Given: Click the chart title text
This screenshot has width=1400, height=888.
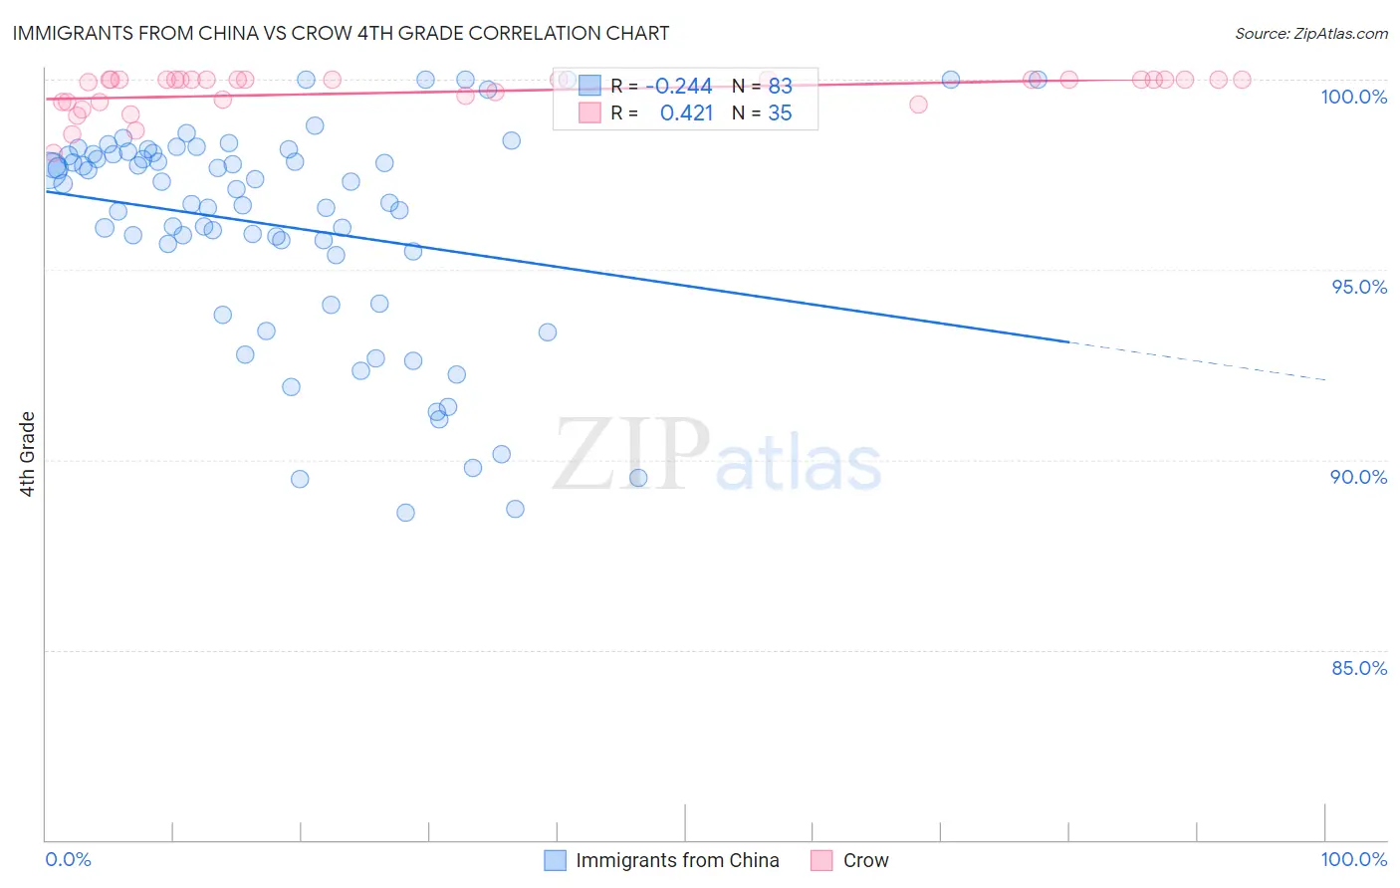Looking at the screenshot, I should tap(341, 33).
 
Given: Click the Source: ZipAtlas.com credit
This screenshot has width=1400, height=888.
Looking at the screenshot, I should tap(1310, 33).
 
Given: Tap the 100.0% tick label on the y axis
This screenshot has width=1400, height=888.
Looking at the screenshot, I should tap(1353, 97).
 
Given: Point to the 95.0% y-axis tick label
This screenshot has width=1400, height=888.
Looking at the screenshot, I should tap(1359, 287).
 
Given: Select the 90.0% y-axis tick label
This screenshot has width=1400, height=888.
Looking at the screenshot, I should tap(1358, 477).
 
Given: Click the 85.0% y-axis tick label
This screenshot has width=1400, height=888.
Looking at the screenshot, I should tap(1359, 668).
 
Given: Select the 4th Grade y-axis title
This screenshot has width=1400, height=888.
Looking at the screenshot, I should tap(28, 454).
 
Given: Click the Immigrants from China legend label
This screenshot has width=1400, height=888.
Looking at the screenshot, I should tap(677, 860).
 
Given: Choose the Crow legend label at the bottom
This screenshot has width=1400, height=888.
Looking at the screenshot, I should tap(865, 860).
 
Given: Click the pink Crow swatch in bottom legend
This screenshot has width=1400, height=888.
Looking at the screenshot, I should tap(821, 860).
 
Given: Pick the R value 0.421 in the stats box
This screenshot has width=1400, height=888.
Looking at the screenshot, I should tap(686, 113).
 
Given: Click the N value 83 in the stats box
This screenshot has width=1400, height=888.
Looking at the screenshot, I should tap(780, 87).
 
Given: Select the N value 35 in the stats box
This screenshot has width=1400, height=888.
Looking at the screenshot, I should tap(780, 113).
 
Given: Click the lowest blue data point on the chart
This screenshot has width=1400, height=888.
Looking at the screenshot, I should tap(405, 513).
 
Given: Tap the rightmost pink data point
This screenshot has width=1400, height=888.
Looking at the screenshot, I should tap(1242, 80).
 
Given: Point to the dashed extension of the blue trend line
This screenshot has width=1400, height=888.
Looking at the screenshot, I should tap(1195, 360).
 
